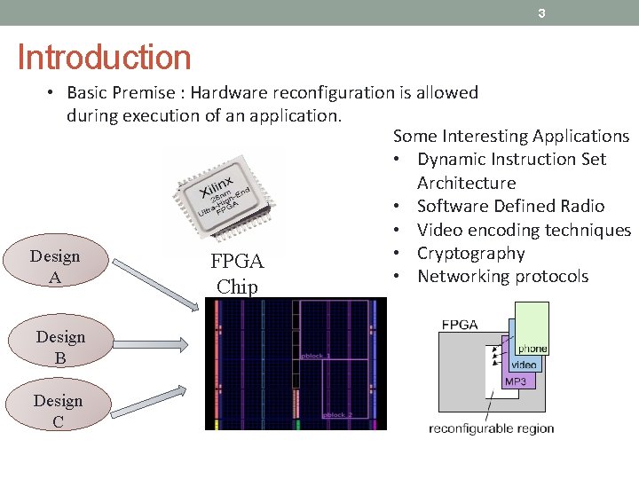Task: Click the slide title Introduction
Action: pyautogui.click(x=104, y=58)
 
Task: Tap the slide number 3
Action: pyautogui.click(x=541, y=13)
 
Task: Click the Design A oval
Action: pyautogui.click(x=55, y=267)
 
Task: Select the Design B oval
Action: pyautogui.click(x=60, y=347)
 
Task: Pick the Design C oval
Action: pyautogui.click(x=58, y=411)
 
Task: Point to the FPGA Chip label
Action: pyautogui.click(x=237, y=273)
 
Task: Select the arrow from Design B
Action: pyautogui.click(x=152, y=344)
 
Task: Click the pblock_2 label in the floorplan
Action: pyautogui.click(x=337, y=414)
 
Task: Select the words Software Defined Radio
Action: pyautogui.click(x=510, y=206)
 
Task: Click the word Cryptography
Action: pyautogui.click(x=470, y=253)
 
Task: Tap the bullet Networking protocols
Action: pyautogui.click(x=502, y=276)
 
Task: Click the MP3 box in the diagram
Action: pyautogui.click(x=516, y=381)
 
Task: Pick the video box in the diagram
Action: pyautogui.click(x=524, y=365)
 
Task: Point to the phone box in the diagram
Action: pyautogui.click(x=532, y=348)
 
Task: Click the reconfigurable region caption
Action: pyautogui.click(x=491, y=428)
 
